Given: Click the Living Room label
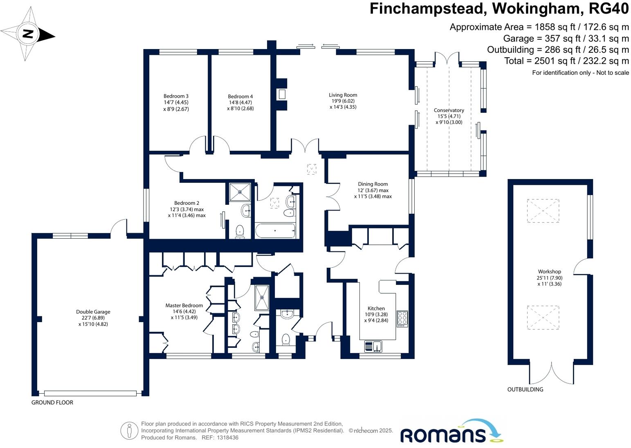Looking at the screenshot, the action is point(343,95).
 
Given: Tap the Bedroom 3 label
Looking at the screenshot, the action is point(176,96).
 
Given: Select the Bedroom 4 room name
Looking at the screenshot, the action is point(240,96).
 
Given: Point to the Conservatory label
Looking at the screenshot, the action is point(449,110).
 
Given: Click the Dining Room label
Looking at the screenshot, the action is point(373,184).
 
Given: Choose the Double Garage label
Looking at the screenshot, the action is point(93,312).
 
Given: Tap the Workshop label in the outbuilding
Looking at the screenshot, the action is point(549,272).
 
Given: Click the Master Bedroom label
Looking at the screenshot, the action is point(184,305).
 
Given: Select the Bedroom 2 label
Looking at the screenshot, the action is point(186,203).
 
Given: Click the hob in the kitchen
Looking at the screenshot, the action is point(402,319).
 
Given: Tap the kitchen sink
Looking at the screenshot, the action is point(373,346).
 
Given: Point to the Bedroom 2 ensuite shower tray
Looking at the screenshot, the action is point(240,192).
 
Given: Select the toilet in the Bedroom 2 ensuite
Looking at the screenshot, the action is point(240,231).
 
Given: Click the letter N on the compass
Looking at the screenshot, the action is point(28,34).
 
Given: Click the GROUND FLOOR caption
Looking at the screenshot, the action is point(52,403).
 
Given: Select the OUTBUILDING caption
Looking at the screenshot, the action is point(525,390).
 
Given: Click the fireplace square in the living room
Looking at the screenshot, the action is point(282,94).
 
